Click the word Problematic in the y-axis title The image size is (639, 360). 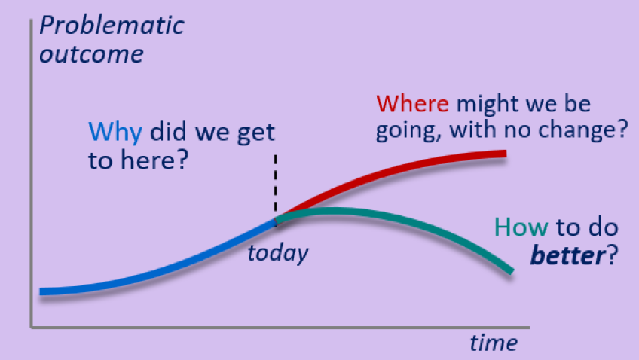112,26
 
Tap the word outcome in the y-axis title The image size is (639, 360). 91,54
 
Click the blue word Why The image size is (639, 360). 115,133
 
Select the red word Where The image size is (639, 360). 412,103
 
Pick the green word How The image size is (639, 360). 521,227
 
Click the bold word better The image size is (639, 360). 568,255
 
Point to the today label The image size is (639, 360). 278,253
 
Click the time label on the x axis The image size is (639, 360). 494,343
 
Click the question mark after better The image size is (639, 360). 613,255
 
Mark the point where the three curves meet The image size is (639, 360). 276,221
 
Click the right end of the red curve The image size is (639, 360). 506,154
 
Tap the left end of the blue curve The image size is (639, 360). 40,291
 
